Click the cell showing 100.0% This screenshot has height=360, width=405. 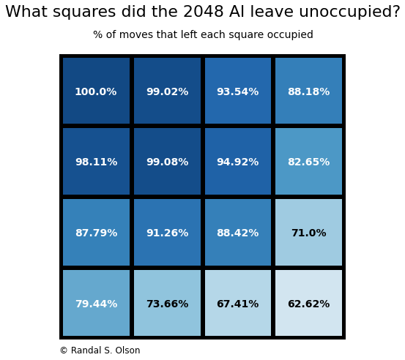(x=96, y=91)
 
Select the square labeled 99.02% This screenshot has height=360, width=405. (x=167, y=91)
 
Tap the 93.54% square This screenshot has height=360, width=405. (x=238, y=91)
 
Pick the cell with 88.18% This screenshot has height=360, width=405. (x=308, y=91)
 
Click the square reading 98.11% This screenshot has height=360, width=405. (x=96, y=162)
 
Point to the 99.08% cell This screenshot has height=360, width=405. (x=167, y=162)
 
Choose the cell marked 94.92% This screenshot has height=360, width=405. (x=238, y=162)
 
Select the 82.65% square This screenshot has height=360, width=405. (x=308, y=162)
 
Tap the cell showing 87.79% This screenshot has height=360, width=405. (x=96, y=233)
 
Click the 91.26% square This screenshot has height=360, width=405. (x=167, y=233)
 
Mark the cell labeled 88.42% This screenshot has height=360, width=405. (x=238, y=233)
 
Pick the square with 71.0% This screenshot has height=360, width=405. (x=308, y=233)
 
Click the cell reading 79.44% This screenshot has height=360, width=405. (x=96, y=304)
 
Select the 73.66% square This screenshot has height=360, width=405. (x=167, y=304)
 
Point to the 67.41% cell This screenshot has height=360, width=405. (x=238, y=304)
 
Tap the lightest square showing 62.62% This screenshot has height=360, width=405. (x=308, y=304)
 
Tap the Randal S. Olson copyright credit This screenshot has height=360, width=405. (x=100, y=350)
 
